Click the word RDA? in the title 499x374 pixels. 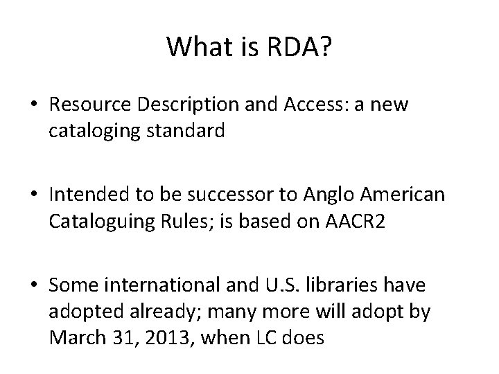[301, 47]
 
